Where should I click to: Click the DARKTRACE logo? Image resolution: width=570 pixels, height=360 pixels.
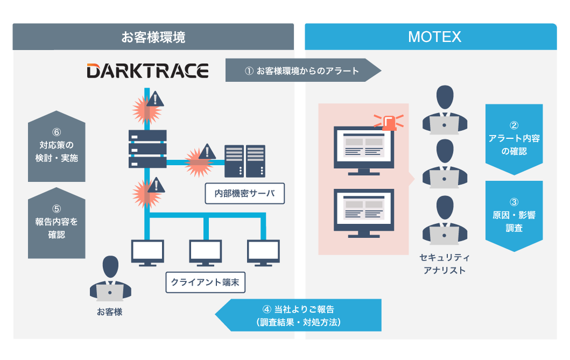click(147, 71)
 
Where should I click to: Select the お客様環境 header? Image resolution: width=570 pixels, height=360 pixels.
click(153, 37)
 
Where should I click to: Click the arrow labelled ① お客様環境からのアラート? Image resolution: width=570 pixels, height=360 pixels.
click(302, 70)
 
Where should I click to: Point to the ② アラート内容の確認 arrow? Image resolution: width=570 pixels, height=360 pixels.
click(514, 139)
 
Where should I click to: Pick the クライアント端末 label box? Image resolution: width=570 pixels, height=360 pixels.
click(205, 282)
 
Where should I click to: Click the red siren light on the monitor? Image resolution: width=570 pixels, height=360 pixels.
click(392, 122)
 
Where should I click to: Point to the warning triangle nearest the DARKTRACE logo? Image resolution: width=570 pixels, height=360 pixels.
click(156, 99)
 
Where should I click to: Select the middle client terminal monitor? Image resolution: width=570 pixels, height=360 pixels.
click(205, 253)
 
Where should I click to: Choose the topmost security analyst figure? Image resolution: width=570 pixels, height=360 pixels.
click(444, 110)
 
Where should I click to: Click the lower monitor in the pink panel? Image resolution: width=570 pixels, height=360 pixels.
click(364, 213)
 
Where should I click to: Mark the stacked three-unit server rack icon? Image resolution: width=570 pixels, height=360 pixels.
click(147, 149)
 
